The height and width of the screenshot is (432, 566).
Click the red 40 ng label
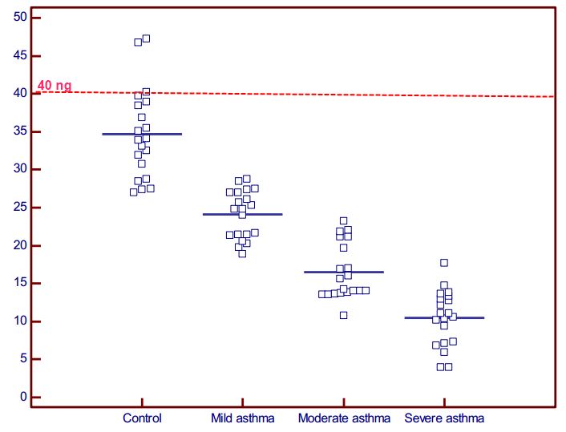click(55, 86)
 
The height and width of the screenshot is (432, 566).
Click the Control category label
click(142, 418)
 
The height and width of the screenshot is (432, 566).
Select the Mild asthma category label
click(242, 418)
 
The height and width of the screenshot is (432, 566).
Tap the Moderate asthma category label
click(344, 418)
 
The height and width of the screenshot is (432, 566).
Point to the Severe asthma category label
click(444, 418)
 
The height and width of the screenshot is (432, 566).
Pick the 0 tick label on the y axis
click(25, 398)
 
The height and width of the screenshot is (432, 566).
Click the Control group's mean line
click(142, 134)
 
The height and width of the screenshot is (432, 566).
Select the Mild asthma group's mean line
click(242, 214)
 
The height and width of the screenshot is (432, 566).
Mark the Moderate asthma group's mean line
click(344, 273)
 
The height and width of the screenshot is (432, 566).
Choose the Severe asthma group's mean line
click(444, 318)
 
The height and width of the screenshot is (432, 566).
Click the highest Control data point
click(146, 38)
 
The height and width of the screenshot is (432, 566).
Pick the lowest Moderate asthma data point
click(343, 315)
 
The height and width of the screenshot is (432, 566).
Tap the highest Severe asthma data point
click(443, 262)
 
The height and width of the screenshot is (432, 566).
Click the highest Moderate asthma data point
click(343, 220)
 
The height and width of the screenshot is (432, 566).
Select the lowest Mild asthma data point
click(242, 253)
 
